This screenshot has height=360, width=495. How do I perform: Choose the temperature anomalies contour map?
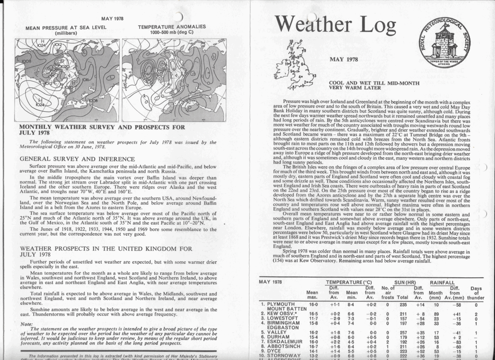[x=173, y=80]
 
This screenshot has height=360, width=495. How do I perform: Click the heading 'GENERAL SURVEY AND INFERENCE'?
[x=77, y=159]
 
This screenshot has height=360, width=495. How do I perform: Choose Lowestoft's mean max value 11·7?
[x=313, y=320]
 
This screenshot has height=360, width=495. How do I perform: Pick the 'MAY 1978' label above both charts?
[x=112, y=18]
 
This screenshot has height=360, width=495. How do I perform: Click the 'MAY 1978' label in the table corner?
[x=271, y=282]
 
